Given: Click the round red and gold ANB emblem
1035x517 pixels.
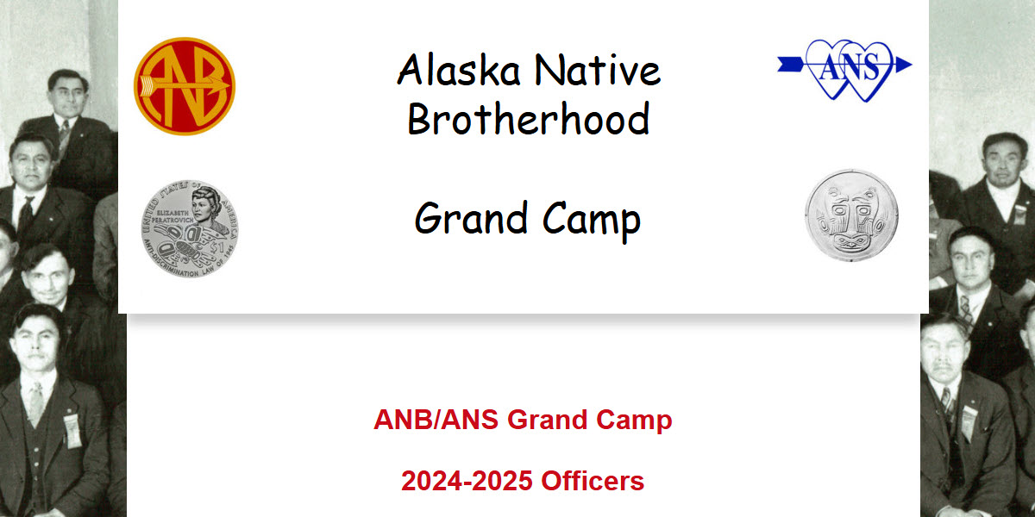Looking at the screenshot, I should click(x=184, y=86).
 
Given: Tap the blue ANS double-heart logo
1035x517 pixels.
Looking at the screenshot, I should click(x=845, y=67).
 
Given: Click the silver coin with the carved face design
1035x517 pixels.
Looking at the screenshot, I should click(x=851, y=215).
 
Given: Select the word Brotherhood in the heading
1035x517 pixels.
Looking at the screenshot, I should click(x=528, y=119).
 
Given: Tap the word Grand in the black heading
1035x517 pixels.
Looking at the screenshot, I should click(x=469, y=219).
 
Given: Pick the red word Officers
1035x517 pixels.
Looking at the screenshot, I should click(x=593, y=481).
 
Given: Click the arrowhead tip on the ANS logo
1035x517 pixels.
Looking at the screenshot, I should click(x=905, y=64).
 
